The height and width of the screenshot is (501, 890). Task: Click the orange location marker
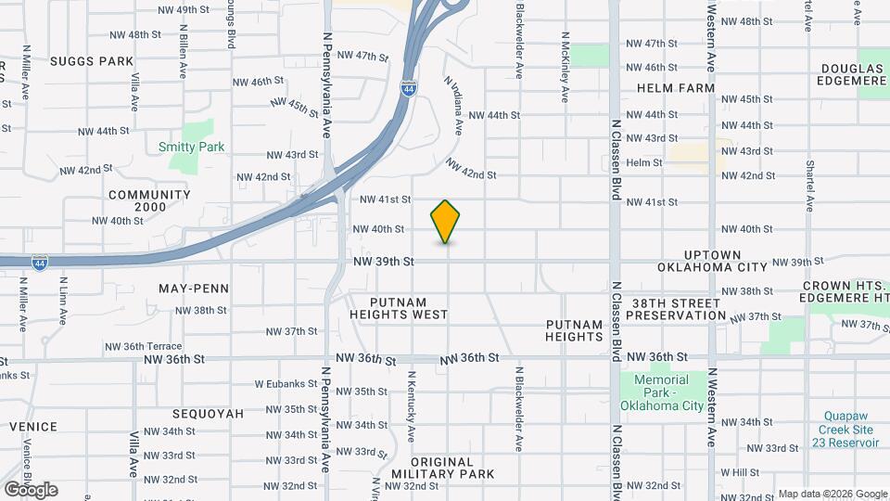click(x=446, y=221)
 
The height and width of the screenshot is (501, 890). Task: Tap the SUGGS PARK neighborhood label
click(x=93, y=61)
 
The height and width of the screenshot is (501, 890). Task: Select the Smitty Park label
click(x=192, y=147)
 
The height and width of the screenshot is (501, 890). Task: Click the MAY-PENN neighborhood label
click(x=194, y=289)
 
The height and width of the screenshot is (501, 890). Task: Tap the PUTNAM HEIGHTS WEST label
click(x=399, y=308)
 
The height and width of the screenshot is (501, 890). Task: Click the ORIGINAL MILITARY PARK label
click(x=452, y=468)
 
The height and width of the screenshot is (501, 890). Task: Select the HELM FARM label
click(x=676, y=88)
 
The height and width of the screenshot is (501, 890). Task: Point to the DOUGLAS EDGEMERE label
click(x=854, y=74)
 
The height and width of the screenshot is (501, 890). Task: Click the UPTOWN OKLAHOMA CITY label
click(x=712, y=261)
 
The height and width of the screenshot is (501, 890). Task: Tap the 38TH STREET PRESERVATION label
click(x=676, y=309)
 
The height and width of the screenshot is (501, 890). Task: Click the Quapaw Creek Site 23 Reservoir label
click(x=848, y=430)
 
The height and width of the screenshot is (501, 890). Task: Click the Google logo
click(x=31, y=490)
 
